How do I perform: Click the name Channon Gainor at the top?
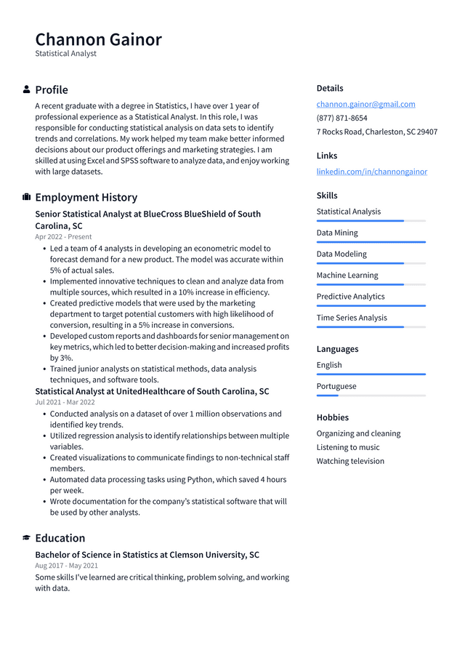coord(98,39)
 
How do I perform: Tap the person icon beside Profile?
coord(27,89)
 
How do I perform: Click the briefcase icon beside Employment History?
coord(27,197)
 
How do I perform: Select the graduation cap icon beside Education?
coord(27,538)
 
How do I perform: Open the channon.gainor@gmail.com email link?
coord(365,104)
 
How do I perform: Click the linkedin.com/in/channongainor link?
coord(371,172)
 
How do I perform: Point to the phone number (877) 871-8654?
coord(341,118)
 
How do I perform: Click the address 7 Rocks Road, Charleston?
coord(376,132)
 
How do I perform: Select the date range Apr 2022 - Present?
coord(63,236)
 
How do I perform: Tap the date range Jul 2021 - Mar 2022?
coord(65,401)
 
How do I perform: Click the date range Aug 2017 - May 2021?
coord(66,565)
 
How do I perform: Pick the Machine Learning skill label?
coord(347,275)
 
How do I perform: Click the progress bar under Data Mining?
coord(371,242)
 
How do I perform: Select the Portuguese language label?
coord(336,386)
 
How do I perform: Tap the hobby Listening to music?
coord(347,447)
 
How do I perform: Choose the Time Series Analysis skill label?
coord(352,318)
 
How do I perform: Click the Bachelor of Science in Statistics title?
coord(147,555)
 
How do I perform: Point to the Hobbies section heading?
coord(332,417)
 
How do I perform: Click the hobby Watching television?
coord(350,461)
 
